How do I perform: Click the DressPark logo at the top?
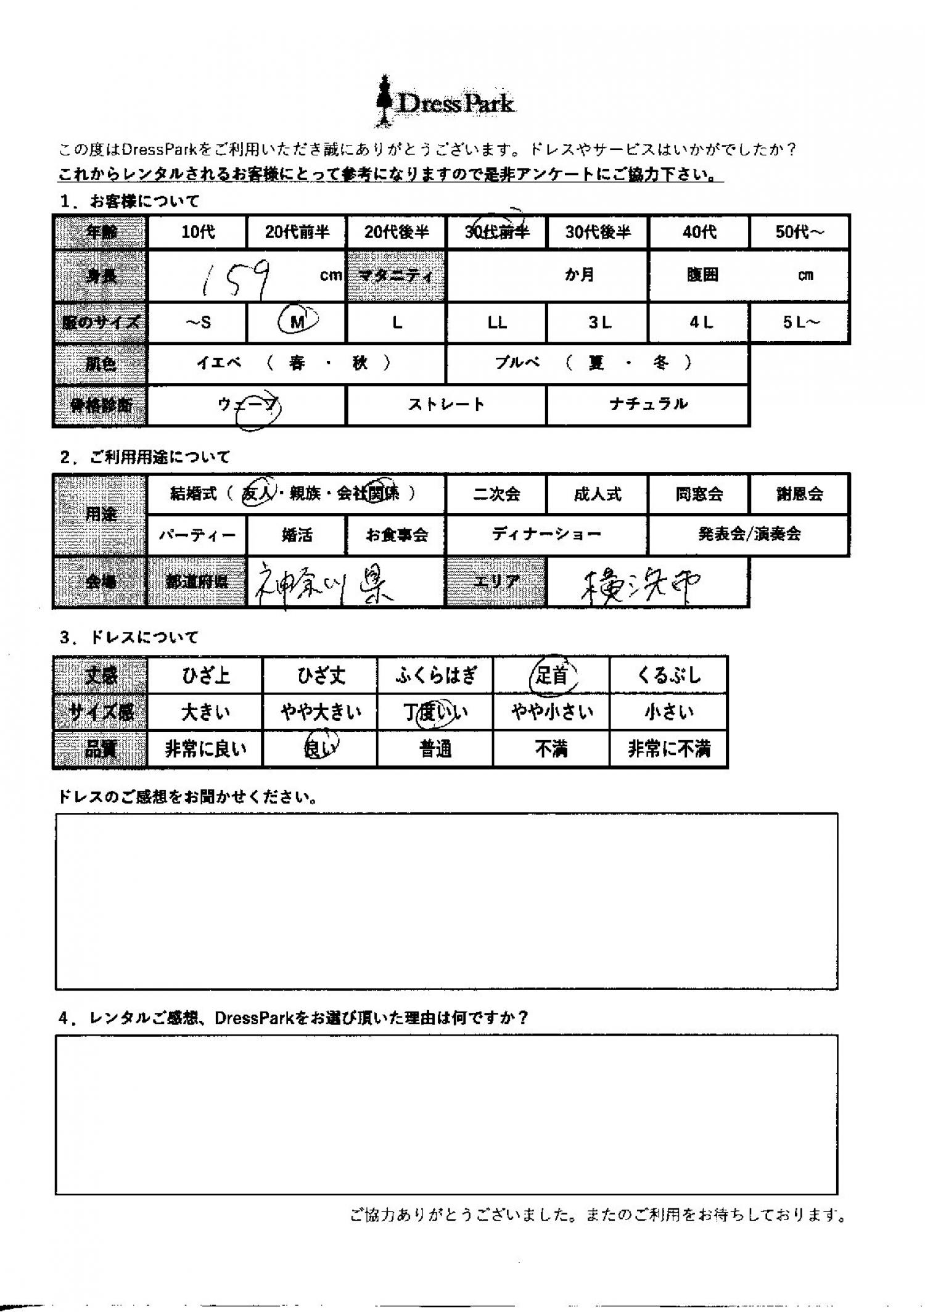pyautogui.click(x=445, y=102)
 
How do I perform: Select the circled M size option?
pyautogui.click(x=298, y=322)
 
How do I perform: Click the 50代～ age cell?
pyautogui.click(x=799, y=233)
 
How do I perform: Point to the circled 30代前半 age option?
pyautogui.click(x=497, y=232)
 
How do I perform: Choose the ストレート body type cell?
pyautogui.click(x=446, y=405)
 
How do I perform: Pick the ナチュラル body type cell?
pyautogui.click(x=647, y=405)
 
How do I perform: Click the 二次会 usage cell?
pyautogui.click(x=496, y=494)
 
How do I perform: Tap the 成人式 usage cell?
pyautogui.click(x=597, y=494)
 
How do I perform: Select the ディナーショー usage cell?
pyautogui.click(x=546, y=534)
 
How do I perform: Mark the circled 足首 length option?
pyautogui.click(x=551, y=675)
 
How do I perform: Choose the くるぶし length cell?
pyautogui.click(x=668, y=675)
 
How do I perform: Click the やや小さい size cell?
pyautogui.click(x=551, y=712)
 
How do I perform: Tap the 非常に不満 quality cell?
pyautogui.click(x=668, y=749)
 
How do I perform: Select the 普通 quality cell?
pyautogui.click(x=435, y=749)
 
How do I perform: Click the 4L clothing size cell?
pyautogui.click(x=699, y=323)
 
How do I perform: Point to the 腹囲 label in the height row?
pyautogui.click(x=702, y=275)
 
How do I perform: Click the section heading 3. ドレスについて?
pyautogui.click(x=129, y=637)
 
